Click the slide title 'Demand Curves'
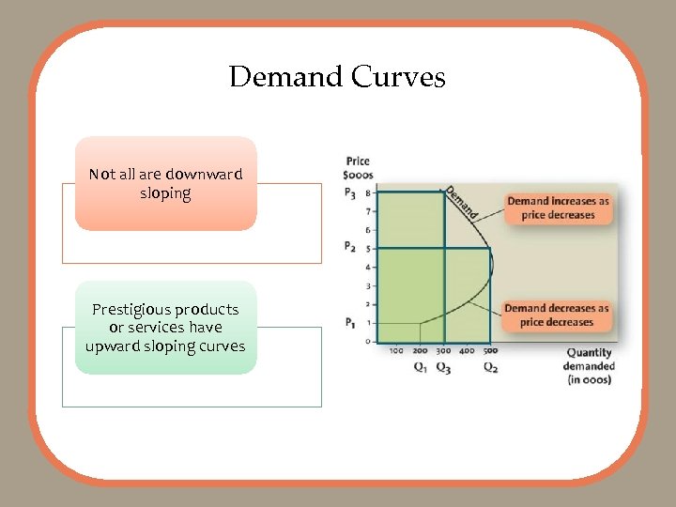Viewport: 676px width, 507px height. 337,76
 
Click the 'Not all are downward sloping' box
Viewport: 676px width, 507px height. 166,183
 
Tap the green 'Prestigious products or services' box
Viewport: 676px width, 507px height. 166,327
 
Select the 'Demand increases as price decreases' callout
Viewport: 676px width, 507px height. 558,207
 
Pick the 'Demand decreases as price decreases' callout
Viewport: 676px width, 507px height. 557,315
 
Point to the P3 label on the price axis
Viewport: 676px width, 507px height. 350,194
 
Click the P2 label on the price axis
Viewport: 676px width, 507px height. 350,248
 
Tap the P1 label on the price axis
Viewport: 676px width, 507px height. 350,323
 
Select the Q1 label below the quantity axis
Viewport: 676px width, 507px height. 421,367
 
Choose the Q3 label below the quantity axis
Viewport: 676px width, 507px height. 444,367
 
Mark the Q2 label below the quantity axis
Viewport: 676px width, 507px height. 490,367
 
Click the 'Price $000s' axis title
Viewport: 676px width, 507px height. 358,168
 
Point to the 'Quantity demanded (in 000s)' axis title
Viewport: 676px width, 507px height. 590,366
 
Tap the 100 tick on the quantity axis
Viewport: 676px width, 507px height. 396,351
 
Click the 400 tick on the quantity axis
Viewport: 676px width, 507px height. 467,351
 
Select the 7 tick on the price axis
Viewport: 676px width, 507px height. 367,211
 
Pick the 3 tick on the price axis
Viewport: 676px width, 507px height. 367,285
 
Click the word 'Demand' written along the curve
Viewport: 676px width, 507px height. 461,202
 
